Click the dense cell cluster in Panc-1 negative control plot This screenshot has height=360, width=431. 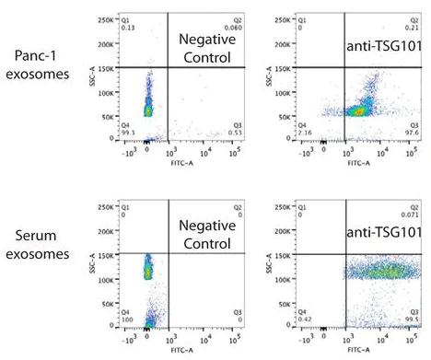(x=147, y=109)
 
